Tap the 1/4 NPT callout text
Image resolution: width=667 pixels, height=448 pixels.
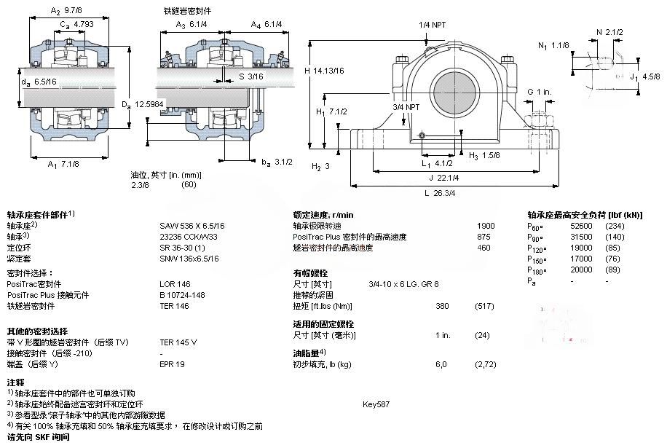coord(433,25)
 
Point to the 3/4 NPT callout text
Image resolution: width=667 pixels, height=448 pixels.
coord(406,107)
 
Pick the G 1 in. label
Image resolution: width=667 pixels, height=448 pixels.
coord(540,92)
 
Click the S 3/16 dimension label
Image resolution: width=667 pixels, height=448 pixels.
coord(251,76)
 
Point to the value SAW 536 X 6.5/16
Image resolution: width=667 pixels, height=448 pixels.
coord(192,226)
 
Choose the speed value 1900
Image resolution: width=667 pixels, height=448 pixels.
coord(485,226)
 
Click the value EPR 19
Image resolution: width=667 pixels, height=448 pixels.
coord(173,363)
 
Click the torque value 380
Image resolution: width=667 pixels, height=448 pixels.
coord(441,305)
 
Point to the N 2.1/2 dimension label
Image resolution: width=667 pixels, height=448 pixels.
coord(609,32)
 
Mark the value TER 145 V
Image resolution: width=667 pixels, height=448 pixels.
coord(178,342)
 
